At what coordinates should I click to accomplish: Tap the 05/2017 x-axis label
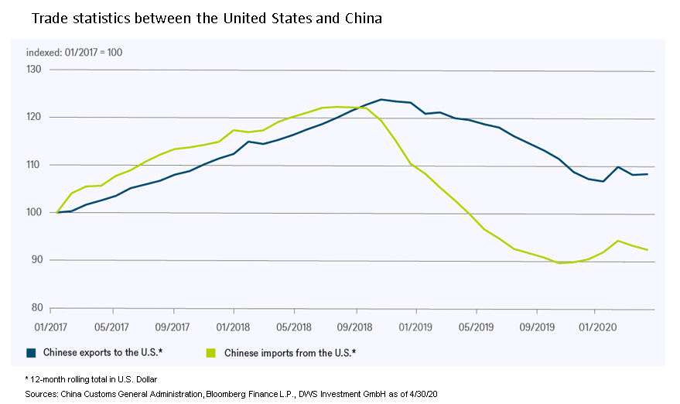coord(112,327)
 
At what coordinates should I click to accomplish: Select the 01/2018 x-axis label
coord(232,327)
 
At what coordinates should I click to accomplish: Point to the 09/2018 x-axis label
coord(354,327)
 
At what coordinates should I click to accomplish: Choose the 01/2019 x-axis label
coord(415,327)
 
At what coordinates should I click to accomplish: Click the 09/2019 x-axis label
coord(537,327)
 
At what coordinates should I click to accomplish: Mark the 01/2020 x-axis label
coord(596,327)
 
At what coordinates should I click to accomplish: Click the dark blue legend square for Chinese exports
coord(32,353)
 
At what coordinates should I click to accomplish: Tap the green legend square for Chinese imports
coord(210,353)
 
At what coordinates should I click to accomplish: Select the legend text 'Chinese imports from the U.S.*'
coord(289,354)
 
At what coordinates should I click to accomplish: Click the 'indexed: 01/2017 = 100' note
coord(74,53)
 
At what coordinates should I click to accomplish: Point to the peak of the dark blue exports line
coord(381,99)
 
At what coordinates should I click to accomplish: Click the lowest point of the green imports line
coord(559,263)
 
